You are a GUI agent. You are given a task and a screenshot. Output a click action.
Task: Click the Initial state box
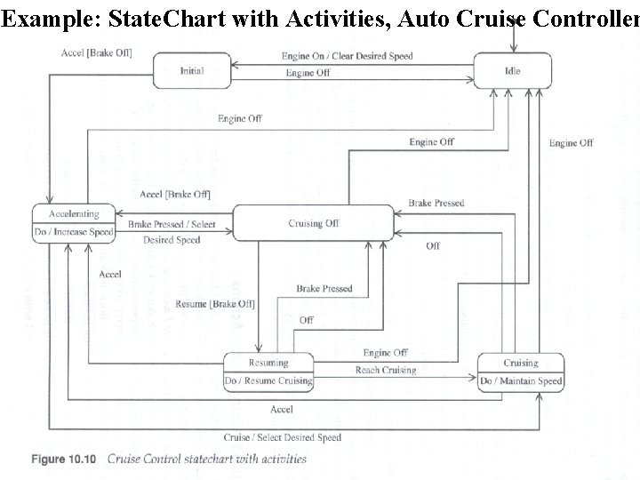pyautogui.click(x=192, y=69)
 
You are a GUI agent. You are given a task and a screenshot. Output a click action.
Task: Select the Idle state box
pyautogui.click(x=512, y=70)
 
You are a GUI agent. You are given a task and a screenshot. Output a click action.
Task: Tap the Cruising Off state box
pyautogui.click(x=313, y=223)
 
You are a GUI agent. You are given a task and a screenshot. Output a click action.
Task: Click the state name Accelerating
pyautogui.click(x=74, y=213)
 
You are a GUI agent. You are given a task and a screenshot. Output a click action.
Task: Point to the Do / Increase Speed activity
pyautogui.click(x=74, y=233)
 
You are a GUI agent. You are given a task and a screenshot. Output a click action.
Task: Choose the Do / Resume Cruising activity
pyautogui.click(x=268, y=381)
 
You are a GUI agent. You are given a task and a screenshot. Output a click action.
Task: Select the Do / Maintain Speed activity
pyautogui.click(x=521, y=381)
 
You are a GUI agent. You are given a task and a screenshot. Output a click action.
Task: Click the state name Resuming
pyautogui.click(x=268, y=363)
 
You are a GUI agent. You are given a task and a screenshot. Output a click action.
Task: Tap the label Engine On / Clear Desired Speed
pyautogui.click(x=347, y=56)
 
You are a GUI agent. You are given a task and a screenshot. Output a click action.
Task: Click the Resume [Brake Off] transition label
pyautogui.click(x=215, y=304)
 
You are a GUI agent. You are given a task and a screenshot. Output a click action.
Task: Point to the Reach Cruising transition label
pyautogui.click(x=386, y=370)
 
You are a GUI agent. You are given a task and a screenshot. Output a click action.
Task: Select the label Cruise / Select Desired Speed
pyautogui.click(x=282, y=437)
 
